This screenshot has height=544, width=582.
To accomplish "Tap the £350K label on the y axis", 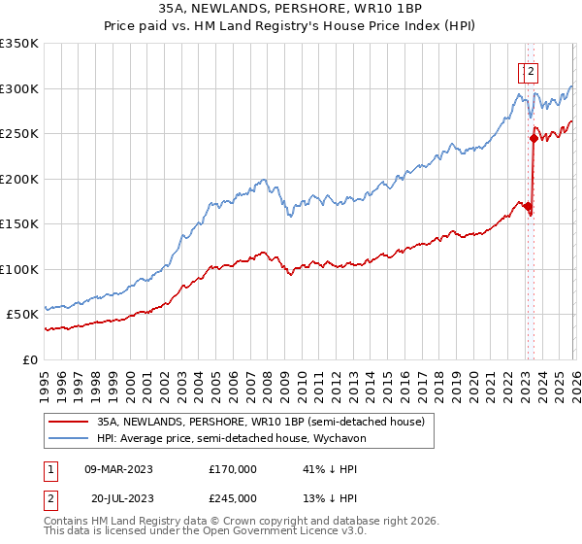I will (x=19, y=44).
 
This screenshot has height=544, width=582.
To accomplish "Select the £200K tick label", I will (x=19, y=179).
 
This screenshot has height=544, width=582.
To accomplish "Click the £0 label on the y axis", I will (x=31, y=359).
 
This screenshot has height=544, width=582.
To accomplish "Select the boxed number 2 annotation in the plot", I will (x=533, y=70).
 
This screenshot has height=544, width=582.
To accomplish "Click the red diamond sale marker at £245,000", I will (x=533, y=138).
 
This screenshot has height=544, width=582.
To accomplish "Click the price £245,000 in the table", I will (x=232, y=498).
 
